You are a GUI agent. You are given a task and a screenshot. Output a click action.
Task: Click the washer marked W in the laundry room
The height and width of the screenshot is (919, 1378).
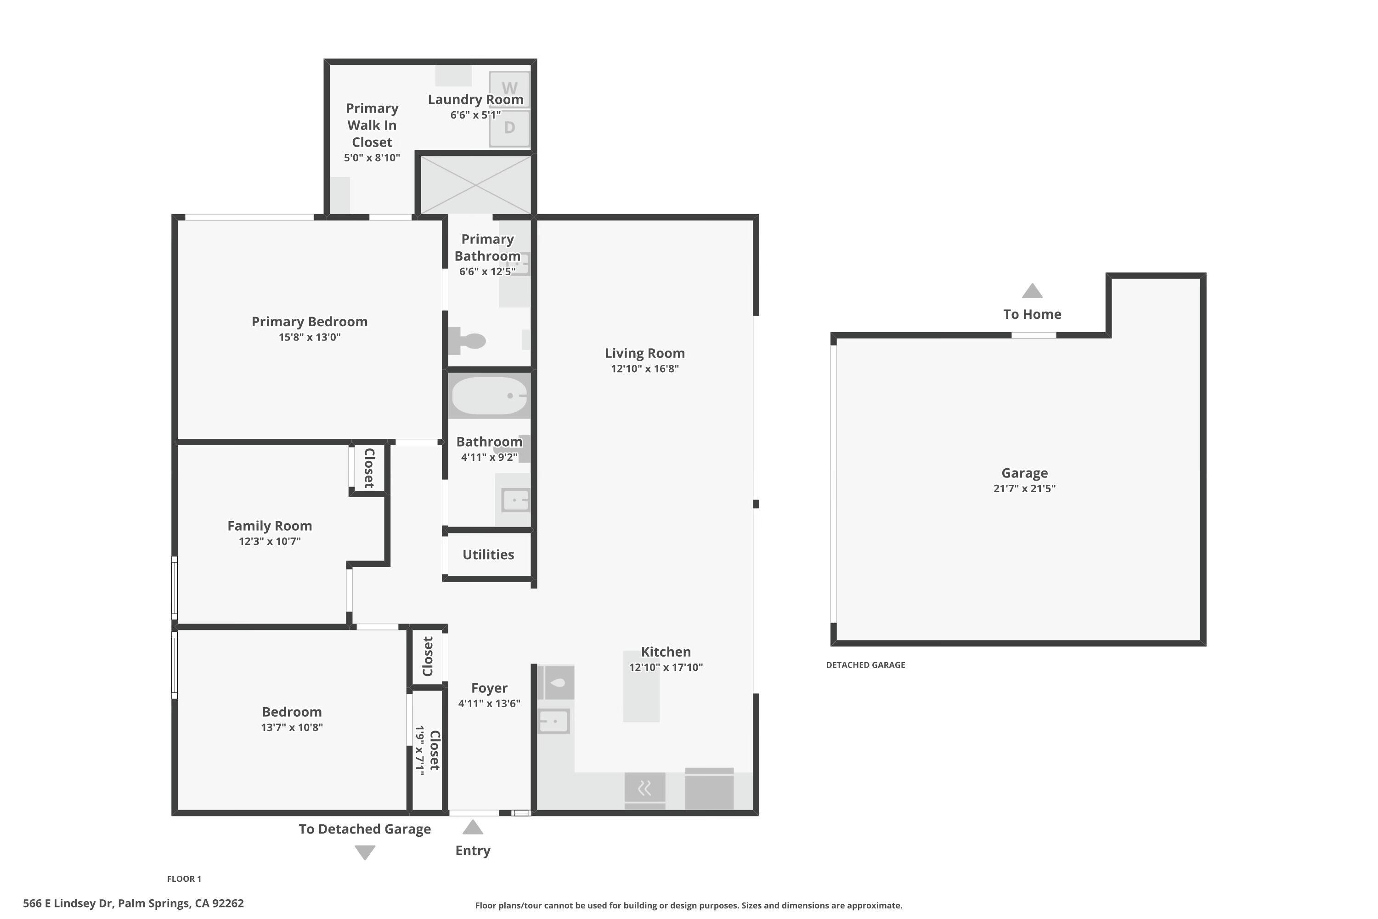[509, 89]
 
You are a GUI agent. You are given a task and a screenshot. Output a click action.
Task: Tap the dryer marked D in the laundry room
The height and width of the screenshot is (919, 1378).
[509, 127]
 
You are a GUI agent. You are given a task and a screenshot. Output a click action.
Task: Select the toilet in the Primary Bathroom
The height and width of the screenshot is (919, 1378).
[467, 340]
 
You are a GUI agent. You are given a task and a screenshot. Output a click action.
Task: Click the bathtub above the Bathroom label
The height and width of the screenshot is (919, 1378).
[490, 396]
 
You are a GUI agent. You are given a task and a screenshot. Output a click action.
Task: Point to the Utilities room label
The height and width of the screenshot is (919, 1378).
[488, 555]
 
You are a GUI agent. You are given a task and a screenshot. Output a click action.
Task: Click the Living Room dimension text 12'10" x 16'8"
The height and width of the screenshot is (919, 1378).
[644, 369]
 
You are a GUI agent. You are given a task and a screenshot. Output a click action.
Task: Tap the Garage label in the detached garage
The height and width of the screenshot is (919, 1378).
[1024, 473]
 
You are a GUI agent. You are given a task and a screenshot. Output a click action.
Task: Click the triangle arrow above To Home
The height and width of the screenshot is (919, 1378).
[1032, 291]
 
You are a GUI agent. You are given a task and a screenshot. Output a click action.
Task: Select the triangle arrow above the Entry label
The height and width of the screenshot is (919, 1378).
[473, 827]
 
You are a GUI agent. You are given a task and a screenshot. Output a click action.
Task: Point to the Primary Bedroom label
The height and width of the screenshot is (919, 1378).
[309, 322]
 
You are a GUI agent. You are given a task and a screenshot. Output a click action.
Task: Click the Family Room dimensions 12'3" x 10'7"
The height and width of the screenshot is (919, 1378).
[270, 541]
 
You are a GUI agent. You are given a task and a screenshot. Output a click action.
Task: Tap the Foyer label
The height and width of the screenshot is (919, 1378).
[489, 688]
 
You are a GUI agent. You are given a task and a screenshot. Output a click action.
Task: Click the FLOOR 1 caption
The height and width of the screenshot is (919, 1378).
[184, 879]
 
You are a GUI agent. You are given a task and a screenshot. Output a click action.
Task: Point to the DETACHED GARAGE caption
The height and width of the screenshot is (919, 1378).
[865, 664]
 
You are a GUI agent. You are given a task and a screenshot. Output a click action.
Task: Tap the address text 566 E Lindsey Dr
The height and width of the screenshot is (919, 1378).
[68, 903]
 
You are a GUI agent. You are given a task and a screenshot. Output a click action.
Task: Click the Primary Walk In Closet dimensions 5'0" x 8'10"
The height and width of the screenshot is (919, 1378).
[372, 158]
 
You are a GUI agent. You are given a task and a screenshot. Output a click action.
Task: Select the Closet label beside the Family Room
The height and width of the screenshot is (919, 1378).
[369, 468]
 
